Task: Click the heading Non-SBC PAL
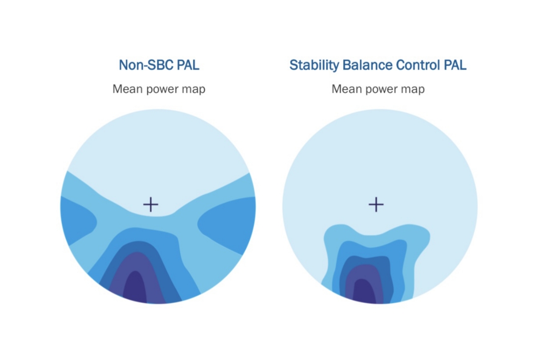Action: point(159,65)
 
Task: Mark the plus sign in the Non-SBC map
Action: point(151,205)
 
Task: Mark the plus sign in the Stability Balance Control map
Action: point(376,205)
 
